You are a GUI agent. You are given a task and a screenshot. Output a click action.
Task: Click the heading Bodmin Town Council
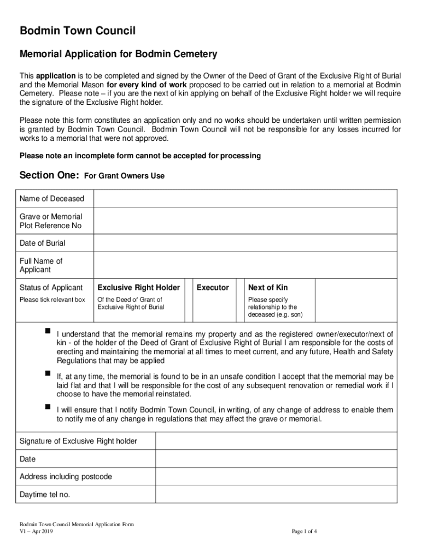pyautogui.click(x=78, y=32)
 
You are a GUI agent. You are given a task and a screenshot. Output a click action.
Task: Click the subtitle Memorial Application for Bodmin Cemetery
pyautogui.click(x=118, y=55)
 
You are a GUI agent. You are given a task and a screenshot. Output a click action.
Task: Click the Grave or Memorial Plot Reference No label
pyautogui.click(x=51, y=221)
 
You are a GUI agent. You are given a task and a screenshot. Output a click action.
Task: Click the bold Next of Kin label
pyautogui.click(x=268, y=288)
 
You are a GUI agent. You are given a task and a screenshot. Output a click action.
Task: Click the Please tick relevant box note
pyautogui.click(x=52, y=300)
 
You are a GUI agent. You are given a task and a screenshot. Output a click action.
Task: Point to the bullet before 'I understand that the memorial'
pyautogui.click(x=47, y=331)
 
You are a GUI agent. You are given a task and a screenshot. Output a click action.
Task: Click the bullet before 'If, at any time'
pyautogui.click(x=47, y=373)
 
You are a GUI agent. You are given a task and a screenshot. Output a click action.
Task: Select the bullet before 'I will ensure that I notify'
pyautogui.click(x=47, y=407)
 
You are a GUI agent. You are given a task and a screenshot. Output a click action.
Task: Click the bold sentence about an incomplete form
pyautogui.click(x=140, y=156)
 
